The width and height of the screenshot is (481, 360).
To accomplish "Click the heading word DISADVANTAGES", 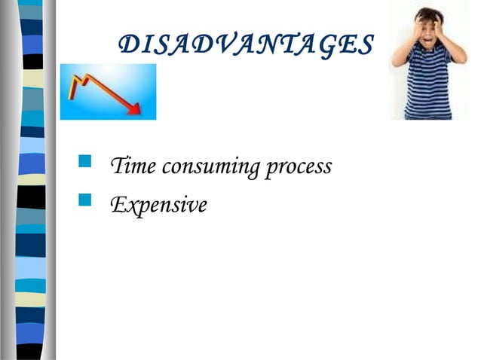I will coord(246,46).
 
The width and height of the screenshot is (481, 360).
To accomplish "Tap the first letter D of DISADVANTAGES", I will coord(130,46).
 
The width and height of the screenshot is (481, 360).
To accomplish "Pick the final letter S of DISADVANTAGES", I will coord(364,46).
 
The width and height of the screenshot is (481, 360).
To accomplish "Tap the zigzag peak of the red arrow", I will coord(88,79).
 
